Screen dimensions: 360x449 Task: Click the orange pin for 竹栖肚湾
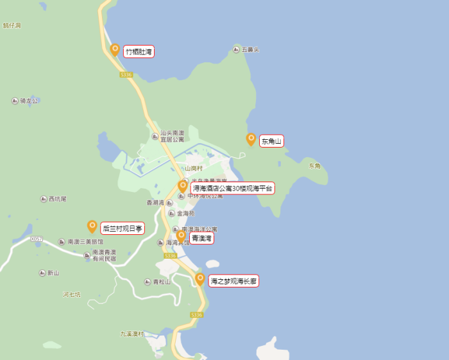pos(115,49)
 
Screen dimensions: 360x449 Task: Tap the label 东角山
pos(271,141)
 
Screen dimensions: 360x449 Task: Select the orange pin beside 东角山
pos(251,139)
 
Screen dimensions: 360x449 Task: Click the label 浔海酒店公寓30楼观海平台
pos(233,188)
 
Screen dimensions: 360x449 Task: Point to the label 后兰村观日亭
pos(123,228)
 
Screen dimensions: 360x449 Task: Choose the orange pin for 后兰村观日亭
pos(92,227)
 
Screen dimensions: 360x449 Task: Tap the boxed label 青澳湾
pos(202,238)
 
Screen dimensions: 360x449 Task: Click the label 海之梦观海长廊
pos(233,281)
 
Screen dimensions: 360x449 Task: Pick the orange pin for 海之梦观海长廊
pos(200,279)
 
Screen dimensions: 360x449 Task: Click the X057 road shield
pos(37,239)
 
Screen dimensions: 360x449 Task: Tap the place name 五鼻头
pos(250,49)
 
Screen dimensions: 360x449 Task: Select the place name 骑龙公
pos(29,101)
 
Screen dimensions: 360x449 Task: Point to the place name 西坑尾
pos(57,199)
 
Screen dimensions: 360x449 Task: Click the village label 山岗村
pos(194,168)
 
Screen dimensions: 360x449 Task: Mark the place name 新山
pos(53,273)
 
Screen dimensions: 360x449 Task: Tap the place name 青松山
pos(161,282)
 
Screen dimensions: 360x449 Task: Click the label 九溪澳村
pos(132,334)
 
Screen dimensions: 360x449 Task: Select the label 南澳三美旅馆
pos(85,242)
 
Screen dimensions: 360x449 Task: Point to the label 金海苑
pos(185,213)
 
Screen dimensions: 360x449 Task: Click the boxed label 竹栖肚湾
pos(139,51)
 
